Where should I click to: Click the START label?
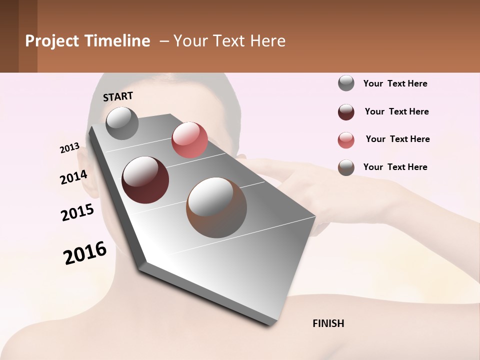[118, 96]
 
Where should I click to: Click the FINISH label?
[328, 323]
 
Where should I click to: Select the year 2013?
[69, 148]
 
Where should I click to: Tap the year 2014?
[73, 177]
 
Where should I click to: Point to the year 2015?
[77, 212]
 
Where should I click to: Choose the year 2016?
[85, 253]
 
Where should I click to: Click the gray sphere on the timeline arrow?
[122, 123]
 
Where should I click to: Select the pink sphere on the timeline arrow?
[189, 140]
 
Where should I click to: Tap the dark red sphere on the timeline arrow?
[145, 180]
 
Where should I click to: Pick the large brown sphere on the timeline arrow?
[216, 207]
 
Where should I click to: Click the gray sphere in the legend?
[346, 83]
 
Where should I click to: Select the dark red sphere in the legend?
[346, 112]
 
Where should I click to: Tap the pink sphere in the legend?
[346, 140]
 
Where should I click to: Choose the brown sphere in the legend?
[346, 167]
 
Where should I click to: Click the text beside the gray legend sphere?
[395, 84]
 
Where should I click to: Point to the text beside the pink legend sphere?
[397, 139]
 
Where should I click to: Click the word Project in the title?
[52, 41]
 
